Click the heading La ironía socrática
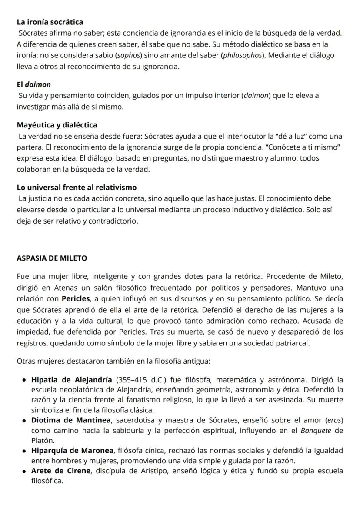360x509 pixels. point(50,22)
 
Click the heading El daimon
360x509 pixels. point(33,84)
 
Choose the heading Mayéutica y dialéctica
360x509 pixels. point(57,125)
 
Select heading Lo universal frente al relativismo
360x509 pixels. point(77,188)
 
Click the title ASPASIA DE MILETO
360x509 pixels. point(52,258)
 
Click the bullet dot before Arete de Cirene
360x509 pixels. point(25,471)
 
